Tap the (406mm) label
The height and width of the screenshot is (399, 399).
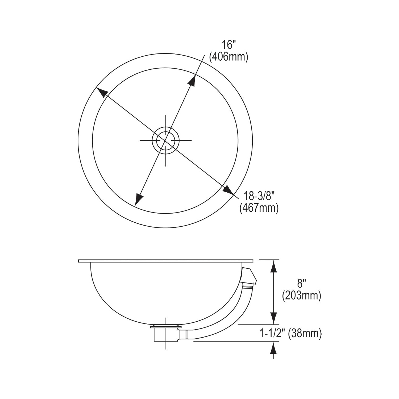point(229,57)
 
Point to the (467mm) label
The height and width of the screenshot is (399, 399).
point(259,208)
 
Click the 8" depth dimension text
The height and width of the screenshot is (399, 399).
point(301,284)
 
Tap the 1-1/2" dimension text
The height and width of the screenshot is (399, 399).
point(274,333)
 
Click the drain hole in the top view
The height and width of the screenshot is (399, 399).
point(166,140)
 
